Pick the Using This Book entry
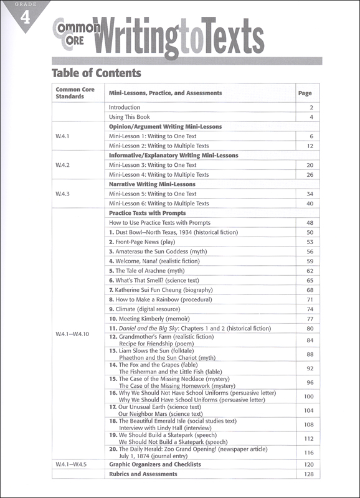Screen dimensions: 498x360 coord(130,117)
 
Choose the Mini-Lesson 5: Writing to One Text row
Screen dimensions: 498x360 coord(153,194)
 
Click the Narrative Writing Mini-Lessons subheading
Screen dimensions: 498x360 coord(152,184)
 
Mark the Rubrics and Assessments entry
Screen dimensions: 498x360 coord(143,474)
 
